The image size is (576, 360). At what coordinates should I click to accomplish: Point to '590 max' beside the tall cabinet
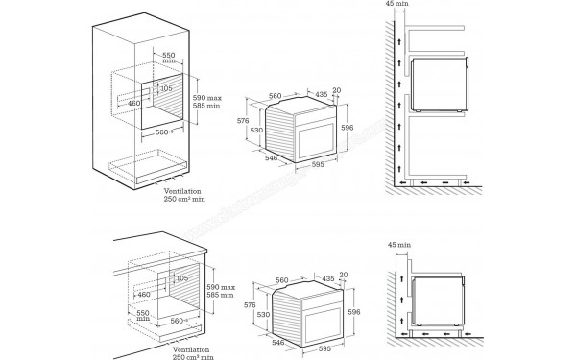click(207, 99)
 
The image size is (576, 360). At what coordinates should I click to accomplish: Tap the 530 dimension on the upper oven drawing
click(257, 130)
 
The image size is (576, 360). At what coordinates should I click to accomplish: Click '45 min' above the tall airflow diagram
click(396, 5)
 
